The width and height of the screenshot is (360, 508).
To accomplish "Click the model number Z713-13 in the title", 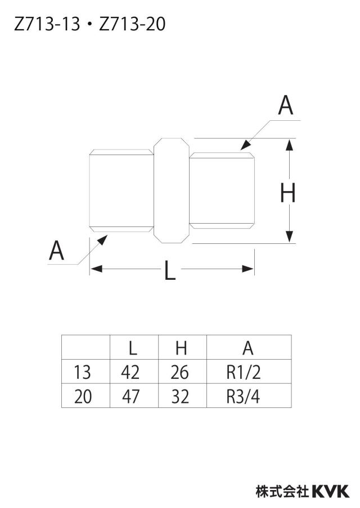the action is pyautogui.click(x=47, y=24).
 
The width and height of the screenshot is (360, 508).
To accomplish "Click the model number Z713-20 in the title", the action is pyautogui.click(x=132, y=24).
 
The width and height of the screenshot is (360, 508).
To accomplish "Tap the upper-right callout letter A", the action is pyautogui.click(x=285, y=105).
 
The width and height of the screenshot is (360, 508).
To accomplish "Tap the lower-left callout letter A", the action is pyautogui.click(x=56, y=251).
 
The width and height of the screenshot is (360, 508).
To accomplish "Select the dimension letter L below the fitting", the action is pyautogui.click(x=170, y=270).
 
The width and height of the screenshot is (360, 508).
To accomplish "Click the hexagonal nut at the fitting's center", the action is pyautogui.click(x=171, y=190).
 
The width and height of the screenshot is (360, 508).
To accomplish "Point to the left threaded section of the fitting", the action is pyautogui.click(x=121, y=190).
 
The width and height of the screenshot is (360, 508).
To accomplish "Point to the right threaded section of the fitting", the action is pyautogui.click(x=222, y=190).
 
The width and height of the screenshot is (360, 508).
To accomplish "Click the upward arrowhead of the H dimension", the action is pyautogui.click(x=289, y=144).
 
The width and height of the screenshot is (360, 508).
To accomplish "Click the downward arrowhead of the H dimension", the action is pyautogui.click(x=289, y=237).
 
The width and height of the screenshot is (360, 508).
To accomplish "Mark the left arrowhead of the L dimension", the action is pyautogui.click(x=96, y=269).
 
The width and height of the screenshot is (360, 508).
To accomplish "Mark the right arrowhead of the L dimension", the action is pyautogui.click(x=248, y=269).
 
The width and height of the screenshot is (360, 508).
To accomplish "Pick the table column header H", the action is pyautogui.click(x=181, y=348).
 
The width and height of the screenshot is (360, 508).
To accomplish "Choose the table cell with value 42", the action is pyautogui.click(x=130, y=372).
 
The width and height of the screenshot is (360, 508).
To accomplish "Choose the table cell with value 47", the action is pyautogui.click(x=130, y=396).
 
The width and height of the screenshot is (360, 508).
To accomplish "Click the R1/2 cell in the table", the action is pyautogui.click(x=244, y=372).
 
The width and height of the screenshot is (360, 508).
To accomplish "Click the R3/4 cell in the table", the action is pyautogui.click(x=243, y=396).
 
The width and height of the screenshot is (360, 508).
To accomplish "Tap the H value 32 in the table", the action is pyautogui.click(x=179, y=396).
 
